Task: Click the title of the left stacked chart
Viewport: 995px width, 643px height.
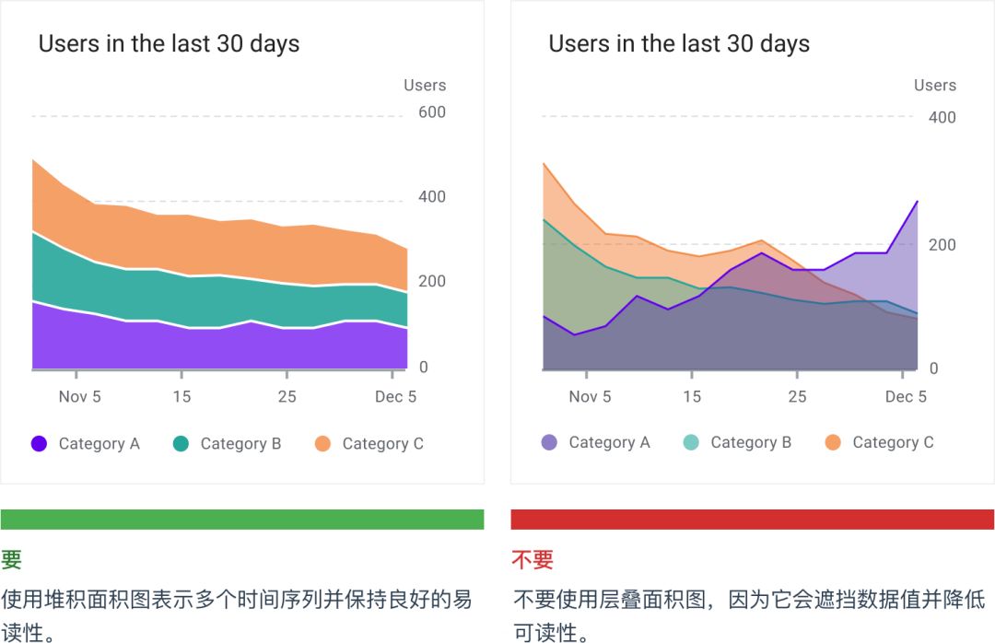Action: tap(169, 43)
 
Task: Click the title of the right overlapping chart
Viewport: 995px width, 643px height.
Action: tap(679, 43)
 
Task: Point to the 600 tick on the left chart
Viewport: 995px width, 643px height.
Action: tap(432, 112)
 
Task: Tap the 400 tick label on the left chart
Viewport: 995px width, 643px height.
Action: tap(432, 197)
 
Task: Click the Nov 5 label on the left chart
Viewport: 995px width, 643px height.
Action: tap(79, 396)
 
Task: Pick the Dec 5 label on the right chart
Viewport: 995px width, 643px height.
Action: tap(906, 396)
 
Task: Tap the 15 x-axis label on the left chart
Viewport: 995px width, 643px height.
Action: tap(181, 396)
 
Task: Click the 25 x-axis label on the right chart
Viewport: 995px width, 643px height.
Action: tap(797, 396)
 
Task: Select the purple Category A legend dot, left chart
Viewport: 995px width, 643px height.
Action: tap(39, 443)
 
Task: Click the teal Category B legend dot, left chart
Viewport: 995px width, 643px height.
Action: tap(181, 443)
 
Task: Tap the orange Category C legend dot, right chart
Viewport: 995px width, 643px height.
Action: tap(833, 443)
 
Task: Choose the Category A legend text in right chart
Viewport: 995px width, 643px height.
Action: tap(609, 443)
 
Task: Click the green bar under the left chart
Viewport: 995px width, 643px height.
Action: tap(242, 520)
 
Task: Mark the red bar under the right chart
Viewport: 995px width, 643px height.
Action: tap(753, 520)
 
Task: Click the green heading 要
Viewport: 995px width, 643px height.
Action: tap(11, 559)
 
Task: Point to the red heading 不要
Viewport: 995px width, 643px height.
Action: tap(533, 559)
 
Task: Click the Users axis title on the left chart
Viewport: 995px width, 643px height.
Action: tap(425, 86)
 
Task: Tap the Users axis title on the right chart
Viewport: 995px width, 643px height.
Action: tap(935, 86)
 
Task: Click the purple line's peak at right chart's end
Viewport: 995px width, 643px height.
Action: tap(917, 201)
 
